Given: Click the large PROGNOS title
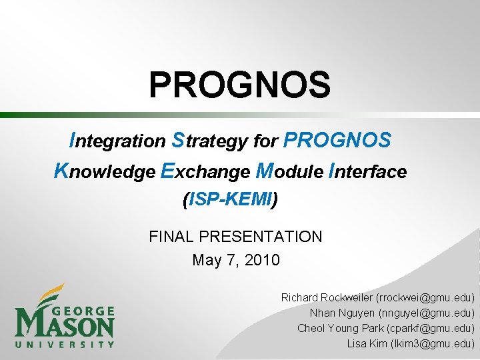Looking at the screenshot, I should (239, 85).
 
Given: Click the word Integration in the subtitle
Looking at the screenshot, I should (117, 141).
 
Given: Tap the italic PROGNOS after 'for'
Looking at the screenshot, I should (337, 141).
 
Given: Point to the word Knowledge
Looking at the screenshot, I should (104, 172).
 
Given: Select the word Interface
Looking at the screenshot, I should (367, 172).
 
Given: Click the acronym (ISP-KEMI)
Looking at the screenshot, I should (230, 199).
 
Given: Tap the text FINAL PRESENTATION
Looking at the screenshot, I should (235, 237).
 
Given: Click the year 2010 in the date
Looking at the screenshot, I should (262, 260).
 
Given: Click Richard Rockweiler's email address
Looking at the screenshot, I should (425, 297).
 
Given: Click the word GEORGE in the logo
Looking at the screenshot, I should (83, 311).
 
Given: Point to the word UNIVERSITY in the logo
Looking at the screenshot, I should (65, 344).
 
